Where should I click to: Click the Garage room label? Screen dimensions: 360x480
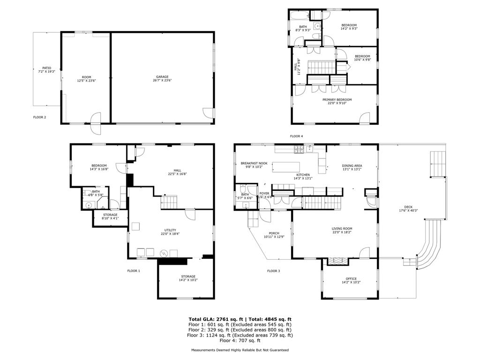coord(162,77)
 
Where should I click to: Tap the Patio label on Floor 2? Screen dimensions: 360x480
coord(46,68)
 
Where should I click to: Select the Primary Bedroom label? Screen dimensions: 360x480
coord(337,99)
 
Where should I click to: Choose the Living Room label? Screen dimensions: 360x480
coord(342,229)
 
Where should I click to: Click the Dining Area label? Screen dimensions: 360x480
coord(352,166)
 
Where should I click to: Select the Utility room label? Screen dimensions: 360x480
coord(170,230)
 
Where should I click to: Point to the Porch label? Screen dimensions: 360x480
coord(274,233)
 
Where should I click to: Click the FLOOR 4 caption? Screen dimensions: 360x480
coord(296,136)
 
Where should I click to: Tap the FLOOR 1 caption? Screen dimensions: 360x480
coord(134,270)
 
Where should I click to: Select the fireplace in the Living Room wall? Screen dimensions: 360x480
coord(335,261)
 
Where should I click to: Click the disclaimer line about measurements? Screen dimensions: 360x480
coord(240,350)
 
